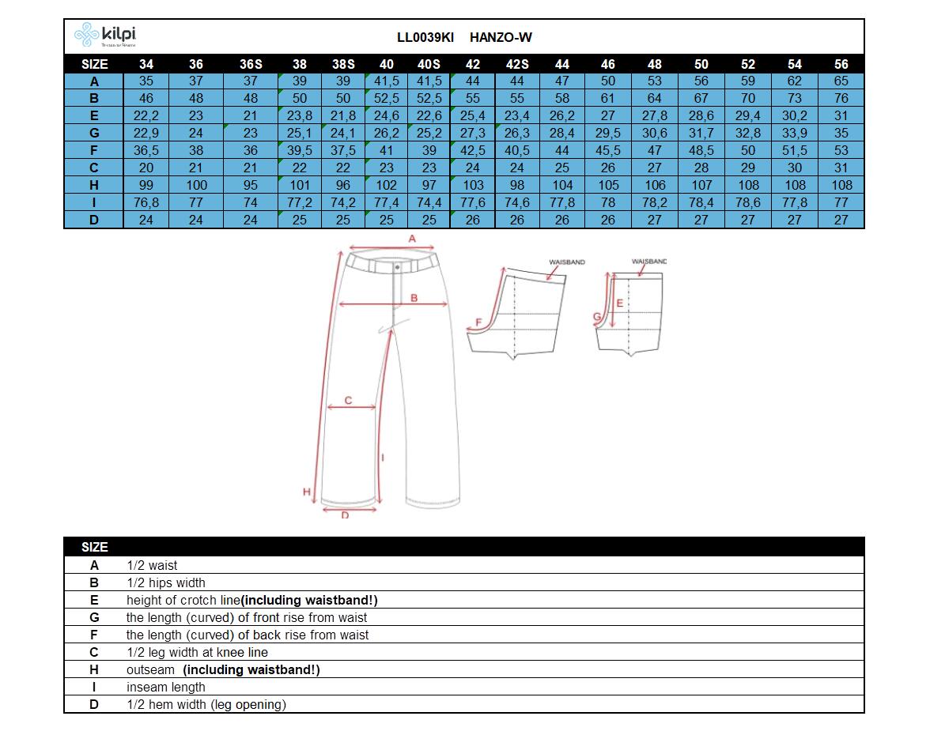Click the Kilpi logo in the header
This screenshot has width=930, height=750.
(x=105, y=35)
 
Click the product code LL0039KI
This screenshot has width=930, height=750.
(x=425, y=37)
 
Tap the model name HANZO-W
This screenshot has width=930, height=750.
(x=501, y=37)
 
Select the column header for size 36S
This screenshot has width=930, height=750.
(x=251, y=64)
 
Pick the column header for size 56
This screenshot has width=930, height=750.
(x=841, y=64)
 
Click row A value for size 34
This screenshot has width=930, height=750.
(x=146, y=81)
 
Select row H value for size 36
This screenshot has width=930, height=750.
(x=196, y=185)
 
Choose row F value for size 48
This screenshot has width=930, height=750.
(x=654, y=151)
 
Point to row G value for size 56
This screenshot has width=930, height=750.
(x=841, y=133)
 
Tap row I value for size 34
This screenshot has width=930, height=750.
(x=146, y=203)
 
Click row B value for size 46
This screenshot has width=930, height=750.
(x=607, y=99)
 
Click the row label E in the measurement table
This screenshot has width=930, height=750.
(x=93, y=115)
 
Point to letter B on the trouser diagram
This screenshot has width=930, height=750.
(x=414, y=298)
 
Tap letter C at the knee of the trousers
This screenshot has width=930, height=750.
(x=348, y=401)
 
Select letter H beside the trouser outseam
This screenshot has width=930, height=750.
(x=307, y=492)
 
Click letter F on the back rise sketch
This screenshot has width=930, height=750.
(x=478, y=322)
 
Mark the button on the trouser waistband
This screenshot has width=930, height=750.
(x=397, y=268)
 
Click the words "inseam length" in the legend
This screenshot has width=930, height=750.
(x=165, y=687)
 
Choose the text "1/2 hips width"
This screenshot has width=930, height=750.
(x=166, y=582)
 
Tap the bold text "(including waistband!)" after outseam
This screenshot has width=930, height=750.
(x=251, y=670)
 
